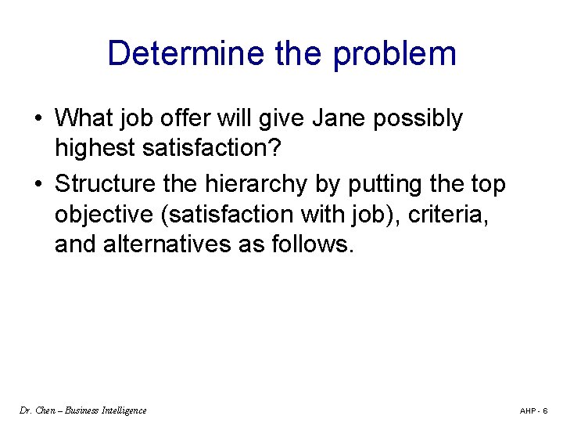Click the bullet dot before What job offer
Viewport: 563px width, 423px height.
pyautogui.click(x=38, y=119)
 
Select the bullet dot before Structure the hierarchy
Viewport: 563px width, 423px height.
pyautogui.click(x=38, y=185)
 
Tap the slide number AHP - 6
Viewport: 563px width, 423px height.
pyautogui.click(x=534, y=410)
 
